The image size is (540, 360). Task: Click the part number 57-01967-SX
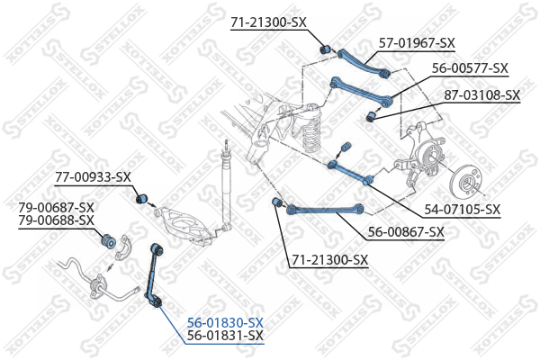(417, 43)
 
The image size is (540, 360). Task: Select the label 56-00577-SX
(470, 67)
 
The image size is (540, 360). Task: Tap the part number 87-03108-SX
(481, 94)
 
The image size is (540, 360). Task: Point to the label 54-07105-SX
(462, 209)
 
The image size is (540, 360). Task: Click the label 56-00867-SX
(406, 232)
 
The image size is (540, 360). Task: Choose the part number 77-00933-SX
(93, 177)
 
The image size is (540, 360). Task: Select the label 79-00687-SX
(56, 207)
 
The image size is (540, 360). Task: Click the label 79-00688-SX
(56, 220)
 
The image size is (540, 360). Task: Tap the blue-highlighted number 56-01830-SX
(225, 323)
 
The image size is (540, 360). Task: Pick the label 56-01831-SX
(225, 335)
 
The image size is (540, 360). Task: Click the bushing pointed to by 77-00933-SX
(141, 198)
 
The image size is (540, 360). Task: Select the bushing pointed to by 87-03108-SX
(370, 116)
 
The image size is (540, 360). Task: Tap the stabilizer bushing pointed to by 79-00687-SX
(109, 241)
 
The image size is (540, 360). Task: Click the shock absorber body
(226, 190)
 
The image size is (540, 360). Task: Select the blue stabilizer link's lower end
(157, 303)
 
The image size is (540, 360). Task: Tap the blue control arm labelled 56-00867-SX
(325, 209)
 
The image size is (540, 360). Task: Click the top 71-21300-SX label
(268, 22)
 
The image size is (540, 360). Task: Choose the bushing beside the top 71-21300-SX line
(325, 49)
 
